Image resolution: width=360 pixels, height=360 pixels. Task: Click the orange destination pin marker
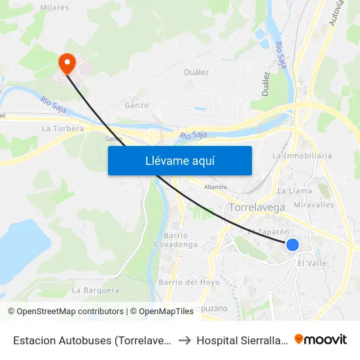point(67,63)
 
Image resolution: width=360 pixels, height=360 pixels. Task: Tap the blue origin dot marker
point(293,245)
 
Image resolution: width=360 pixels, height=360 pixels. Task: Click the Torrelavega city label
point(257,207)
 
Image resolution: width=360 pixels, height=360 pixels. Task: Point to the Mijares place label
point(54,8)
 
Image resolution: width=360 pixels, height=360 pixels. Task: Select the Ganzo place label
point(136,105)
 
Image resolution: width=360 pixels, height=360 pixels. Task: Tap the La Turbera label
point(63,129)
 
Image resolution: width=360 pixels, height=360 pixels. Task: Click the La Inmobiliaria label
point(302,156)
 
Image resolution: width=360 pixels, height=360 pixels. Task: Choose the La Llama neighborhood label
point(295,191)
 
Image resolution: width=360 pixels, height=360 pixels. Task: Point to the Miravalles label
point(314,205)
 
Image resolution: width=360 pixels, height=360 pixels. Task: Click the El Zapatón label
point(268,232)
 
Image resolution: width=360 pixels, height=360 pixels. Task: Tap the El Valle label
point(312,263)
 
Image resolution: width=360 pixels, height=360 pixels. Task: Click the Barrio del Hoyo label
point(189,283)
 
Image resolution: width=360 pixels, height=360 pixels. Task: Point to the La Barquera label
point(96,290)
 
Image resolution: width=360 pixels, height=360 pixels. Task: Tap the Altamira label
point(215,187)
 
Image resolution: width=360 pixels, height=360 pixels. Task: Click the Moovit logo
point(321,339)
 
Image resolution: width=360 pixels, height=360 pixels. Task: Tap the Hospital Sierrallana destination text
point(242,340)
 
